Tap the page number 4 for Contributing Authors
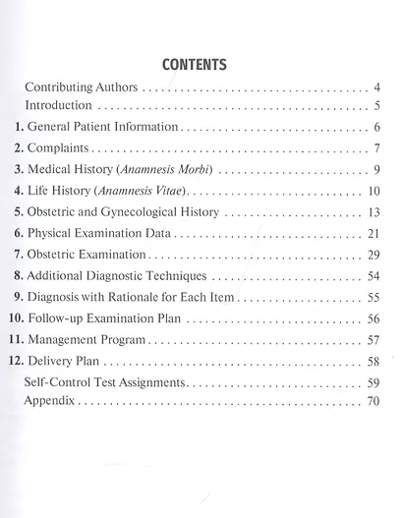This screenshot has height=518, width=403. [x=377, y=87]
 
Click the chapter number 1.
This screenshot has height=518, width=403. [x=20, y=128]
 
